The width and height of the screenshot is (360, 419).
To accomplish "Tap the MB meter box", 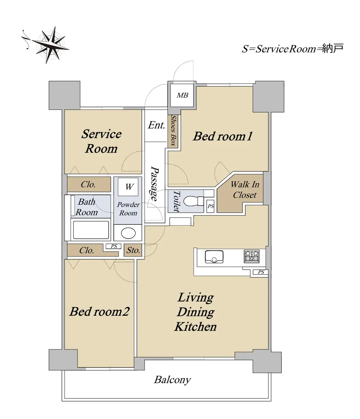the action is click(x=182, y=95).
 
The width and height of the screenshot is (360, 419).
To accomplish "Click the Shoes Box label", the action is click(x=173, y=130).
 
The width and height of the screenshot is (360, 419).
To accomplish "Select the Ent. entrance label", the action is click(x=156, y=125).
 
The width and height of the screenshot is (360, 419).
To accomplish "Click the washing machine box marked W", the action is click(x=128, y=187).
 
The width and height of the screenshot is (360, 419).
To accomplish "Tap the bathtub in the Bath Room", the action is click(x=91, y=230).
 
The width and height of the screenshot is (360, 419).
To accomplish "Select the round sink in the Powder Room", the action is click(x=128, y=233).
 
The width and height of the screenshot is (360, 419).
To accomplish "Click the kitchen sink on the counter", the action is click(x=214, y=257).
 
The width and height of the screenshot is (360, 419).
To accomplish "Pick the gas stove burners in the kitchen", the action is click(x=251, y=256).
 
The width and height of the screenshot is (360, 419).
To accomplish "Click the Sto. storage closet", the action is click(x=133, y=250).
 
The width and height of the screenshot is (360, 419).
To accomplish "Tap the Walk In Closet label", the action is click(x=245, y=190).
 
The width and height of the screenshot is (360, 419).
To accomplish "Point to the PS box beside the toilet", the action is click(x=211, y=206).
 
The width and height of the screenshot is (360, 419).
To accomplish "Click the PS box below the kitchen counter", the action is click(x=261, y=272).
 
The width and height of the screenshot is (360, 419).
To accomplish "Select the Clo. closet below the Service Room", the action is click(x=89, y=184).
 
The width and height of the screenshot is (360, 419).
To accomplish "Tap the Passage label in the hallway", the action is click(x=155, y=184).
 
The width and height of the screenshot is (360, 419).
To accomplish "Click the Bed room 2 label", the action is click(x=99, y=311).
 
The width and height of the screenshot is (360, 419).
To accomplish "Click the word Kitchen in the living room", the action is click(x=196, y=327).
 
